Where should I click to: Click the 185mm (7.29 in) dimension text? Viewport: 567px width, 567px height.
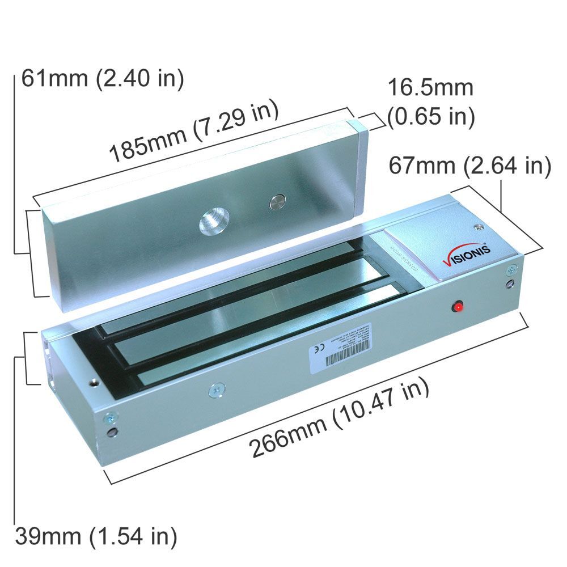coord(193,131)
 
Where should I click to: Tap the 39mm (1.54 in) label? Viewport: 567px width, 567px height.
coord(96,535)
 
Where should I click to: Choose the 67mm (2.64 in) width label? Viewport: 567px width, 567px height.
coord(469,166)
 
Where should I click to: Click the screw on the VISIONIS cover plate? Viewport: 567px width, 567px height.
coord(480,227)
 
